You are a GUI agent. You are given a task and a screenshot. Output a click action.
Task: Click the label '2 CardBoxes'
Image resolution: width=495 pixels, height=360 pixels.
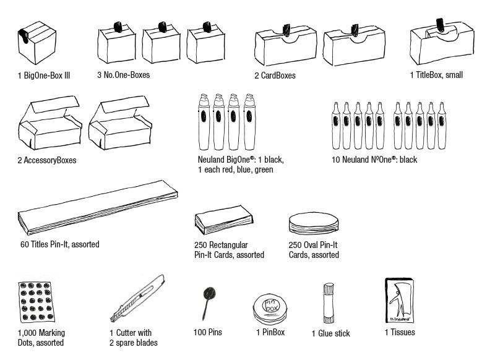[x=274, y=75]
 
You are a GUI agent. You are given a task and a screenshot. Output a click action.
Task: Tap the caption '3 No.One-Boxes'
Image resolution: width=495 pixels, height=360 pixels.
[x=123, y=75]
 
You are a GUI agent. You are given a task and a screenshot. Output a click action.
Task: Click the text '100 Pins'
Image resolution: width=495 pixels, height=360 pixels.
[x=207, y=332]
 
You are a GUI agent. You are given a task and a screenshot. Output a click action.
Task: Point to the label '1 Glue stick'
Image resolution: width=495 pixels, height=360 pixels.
[x=330, y=333]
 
